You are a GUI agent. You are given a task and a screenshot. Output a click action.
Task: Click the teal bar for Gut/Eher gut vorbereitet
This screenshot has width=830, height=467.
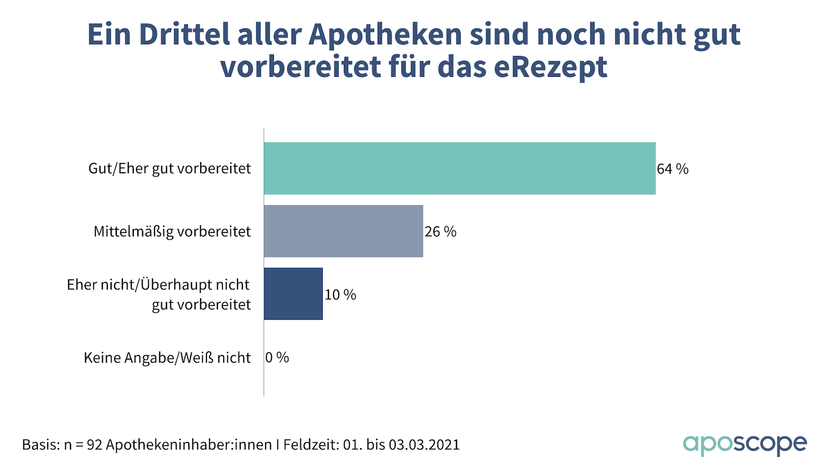(460, 169)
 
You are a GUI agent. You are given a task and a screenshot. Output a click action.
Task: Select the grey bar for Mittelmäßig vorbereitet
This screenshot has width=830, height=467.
(343, 231)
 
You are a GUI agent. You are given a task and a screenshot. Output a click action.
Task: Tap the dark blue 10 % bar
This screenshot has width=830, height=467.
(293, 294)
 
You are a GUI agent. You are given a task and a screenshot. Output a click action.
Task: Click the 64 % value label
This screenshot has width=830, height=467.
(672, 169)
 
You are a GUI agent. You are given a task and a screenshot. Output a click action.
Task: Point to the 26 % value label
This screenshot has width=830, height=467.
(440, 232)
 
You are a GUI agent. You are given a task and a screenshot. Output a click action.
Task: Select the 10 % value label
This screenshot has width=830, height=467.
(340, 295)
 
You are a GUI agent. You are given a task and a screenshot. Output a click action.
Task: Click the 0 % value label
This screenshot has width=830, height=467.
(277, 358)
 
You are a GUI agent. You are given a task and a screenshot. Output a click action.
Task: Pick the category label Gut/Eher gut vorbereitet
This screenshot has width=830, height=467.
(170, 169)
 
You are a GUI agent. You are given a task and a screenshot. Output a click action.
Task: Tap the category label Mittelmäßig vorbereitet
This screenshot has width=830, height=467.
(172, 231)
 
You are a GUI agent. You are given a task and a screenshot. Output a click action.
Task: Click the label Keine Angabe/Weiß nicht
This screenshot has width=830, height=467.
(167, 358)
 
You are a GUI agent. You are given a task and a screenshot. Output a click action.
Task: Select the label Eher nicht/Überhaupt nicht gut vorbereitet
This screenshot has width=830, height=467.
(159, 294)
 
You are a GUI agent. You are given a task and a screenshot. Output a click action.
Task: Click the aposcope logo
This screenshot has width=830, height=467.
(745, 444)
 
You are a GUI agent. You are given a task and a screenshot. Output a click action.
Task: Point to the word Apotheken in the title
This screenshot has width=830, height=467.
(385, 35)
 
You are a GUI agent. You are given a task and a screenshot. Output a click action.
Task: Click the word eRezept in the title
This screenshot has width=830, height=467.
(550, 67)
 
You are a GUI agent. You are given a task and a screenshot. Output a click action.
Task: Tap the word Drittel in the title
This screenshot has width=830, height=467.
(184, 35)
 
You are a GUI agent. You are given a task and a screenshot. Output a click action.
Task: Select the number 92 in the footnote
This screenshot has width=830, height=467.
(94, 445)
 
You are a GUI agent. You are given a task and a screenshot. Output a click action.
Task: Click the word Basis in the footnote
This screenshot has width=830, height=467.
(39, 445)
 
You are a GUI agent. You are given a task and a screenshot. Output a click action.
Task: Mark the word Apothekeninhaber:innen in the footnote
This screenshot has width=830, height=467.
(189, 445)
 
